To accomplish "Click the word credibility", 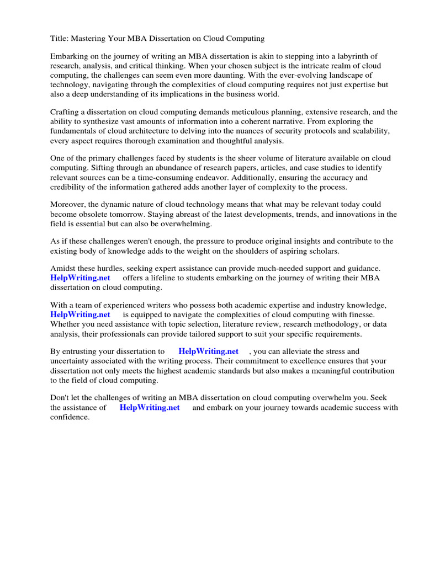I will pyautogui.click(x=70, y=186).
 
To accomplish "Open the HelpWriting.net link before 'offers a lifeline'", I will pyautogui.click(x=80, y=278).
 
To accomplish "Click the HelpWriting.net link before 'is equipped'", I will pyautogui.click(x=80, y=315).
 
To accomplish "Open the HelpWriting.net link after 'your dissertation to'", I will pyautogui.click(x=208, y=351).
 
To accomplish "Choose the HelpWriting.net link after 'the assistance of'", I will pyautogui.click(x=150, y=408).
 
